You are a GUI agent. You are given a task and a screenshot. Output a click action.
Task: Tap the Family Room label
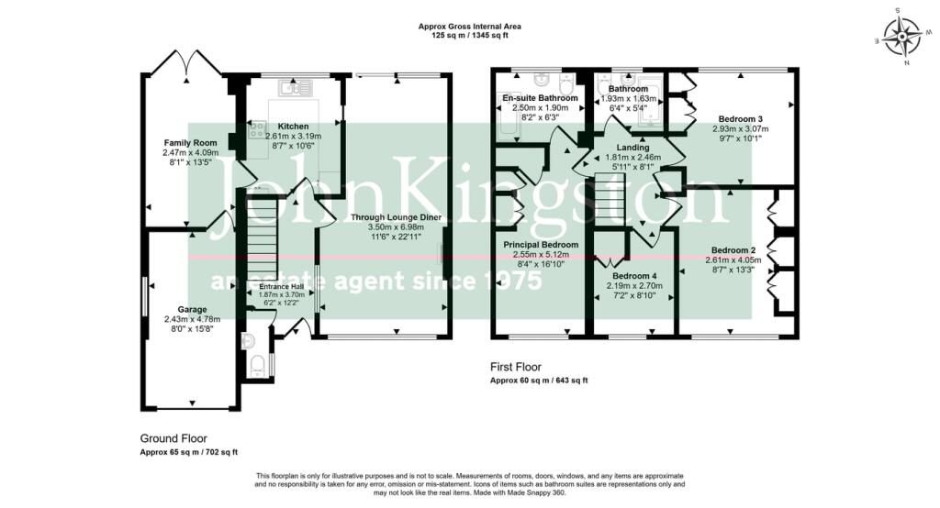pyautogui.click(x=191, y=143)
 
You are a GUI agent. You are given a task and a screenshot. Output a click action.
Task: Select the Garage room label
pyautogui.click(x=192, y=310)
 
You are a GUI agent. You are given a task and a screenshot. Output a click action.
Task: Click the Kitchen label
pyautogui.click(x=293, y=127)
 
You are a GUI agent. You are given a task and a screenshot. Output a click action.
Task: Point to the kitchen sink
pyautogui.click(x=296, y=88)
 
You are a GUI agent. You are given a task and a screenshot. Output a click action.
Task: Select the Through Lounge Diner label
pyautogui.click(x=396, y=217)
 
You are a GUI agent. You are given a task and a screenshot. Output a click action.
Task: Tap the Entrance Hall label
pyautogui.click(x=281, y=287)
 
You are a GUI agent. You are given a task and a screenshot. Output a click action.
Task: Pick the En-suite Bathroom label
pyautogui.click(x=540, y=97)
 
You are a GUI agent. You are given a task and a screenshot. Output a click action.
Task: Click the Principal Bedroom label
pyautogui.click(x=541, y=245)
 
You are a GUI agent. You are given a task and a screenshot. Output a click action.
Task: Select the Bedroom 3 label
pyautogui.click(x=741, y=119)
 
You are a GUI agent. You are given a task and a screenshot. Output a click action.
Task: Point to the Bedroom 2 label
pyautogui.click(x=733, y=250)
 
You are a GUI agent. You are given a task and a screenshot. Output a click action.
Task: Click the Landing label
pyautogui.click(x=633, y=148)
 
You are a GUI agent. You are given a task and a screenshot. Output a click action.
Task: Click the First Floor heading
pyautogui.click(x=516, y=367)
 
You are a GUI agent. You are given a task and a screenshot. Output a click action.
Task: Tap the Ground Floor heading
pyautogui.click(x=173, y=438)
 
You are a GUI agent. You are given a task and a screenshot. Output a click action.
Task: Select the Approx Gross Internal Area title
pyautogui.click(x=469, y=27)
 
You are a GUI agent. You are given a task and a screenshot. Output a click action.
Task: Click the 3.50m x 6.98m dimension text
pyautogui.click(x=396, y=227)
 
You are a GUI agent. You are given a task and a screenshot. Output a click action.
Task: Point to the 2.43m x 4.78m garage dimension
pyautogui.click(x=192, y=319)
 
